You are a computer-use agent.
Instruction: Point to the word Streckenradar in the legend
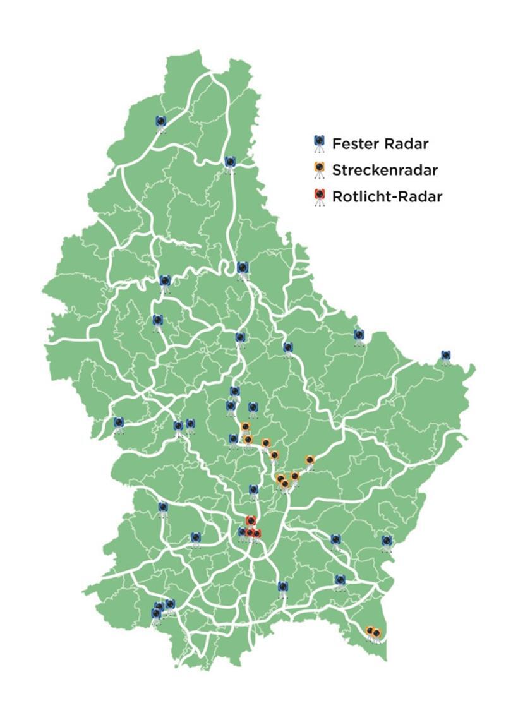pyautogui.click(x=385, y=170)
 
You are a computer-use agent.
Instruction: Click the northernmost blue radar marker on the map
pyautogui.click(x=160, y=121)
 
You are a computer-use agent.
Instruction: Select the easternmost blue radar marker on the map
pyautogui.click(x=445, y=355)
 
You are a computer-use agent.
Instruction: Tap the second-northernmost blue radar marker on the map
pyautogui.click(x=229, y=162)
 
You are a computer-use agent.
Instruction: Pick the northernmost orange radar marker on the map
pyautogui.click(x=245, y=426)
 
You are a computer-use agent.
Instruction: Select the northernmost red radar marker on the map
pyautogui.click(x=250, y=520)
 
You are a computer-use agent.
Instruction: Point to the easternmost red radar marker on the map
pyautogui.click(x=256, y=534)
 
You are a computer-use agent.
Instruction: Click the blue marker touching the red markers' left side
pyautogui.click(x=242, y=532)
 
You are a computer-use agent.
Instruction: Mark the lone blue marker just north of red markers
pyautogui.click(x=253, y=489)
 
